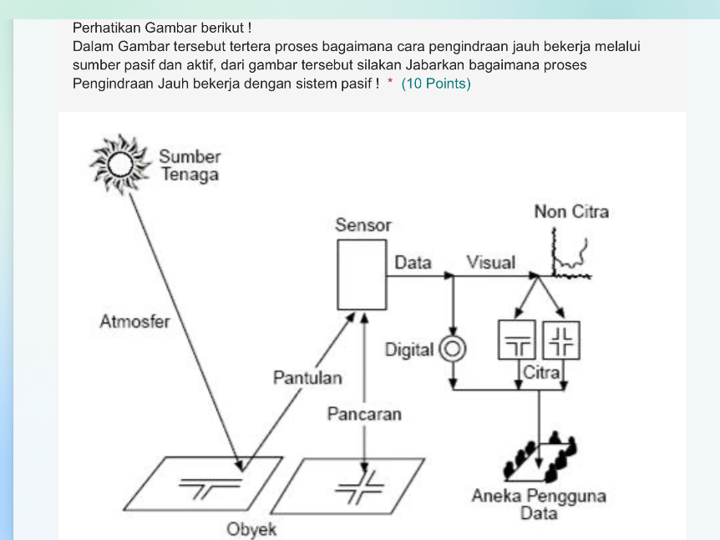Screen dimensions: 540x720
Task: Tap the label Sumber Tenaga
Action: click(190, 166)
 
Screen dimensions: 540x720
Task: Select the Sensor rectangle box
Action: click(362, 274)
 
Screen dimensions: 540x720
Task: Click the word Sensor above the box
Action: click(363, 225)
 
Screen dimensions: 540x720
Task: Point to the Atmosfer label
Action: click(134, 322)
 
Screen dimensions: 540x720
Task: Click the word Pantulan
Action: click(307, 378)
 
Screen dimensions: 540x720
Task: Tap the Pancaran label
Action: click(364, 414)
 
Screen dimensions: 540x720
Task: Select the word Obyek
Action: click(251, 529)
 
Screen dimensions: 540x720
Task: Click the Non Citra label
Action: click(571, 211)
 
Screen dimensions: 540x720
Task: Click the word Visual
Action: click(490, 262)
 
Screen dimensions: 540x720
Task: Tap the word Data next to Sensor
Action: click(413, 262)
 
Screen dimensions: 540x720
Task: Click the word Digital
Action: click(409, 350)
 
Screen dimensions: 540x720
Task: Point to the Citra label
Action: click(540, 373)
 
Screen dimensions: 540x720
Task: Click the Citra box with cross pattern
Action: click(561, 340)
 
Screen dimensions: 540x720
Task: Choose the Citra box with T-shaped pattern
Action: click(517, 340)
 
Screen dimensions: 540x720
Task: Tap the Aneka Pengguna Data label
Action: click(539, 504)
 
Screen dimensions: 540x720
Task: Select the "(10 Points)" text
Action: click(436, 84)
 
